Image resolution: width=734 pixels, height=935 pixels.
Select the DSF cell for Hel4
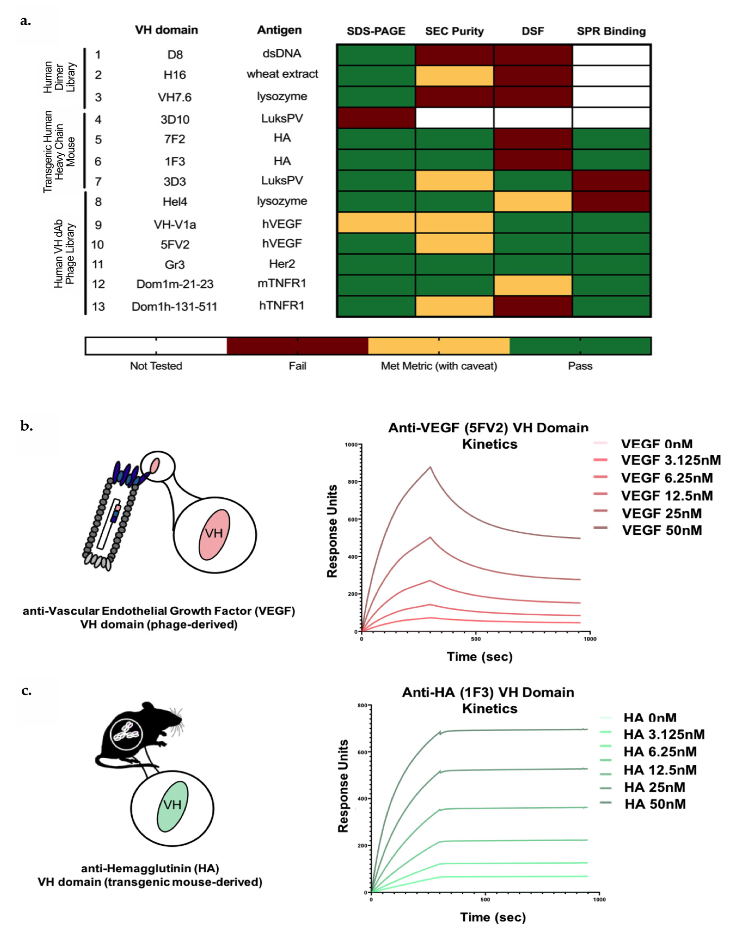coord(533,201)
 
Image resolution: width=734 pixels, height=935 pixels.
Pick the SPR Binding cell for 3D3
coord(611,180)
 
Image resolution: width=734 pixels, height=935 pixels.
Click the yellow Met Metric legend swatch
coord(438,346)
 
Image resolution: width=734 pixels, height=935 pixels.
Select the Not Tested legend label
coord(156,366)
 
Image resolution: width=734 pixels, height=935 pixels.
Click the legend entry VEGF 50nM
coord(662,530)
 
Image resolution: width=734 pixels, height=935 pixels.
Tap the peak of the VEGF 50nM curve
coord(430,467)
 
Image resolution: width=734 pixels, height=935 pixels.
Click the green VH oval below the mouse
coord(172,807)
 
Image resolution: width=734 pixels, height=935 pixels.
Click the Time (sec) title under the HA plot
coord(493,917)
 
